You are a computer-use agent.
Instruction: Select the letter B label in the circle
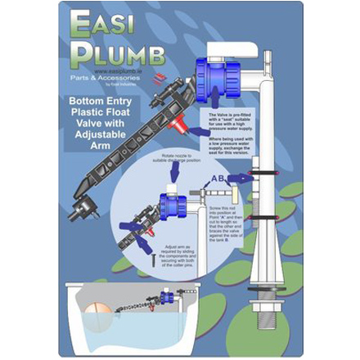223,178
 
